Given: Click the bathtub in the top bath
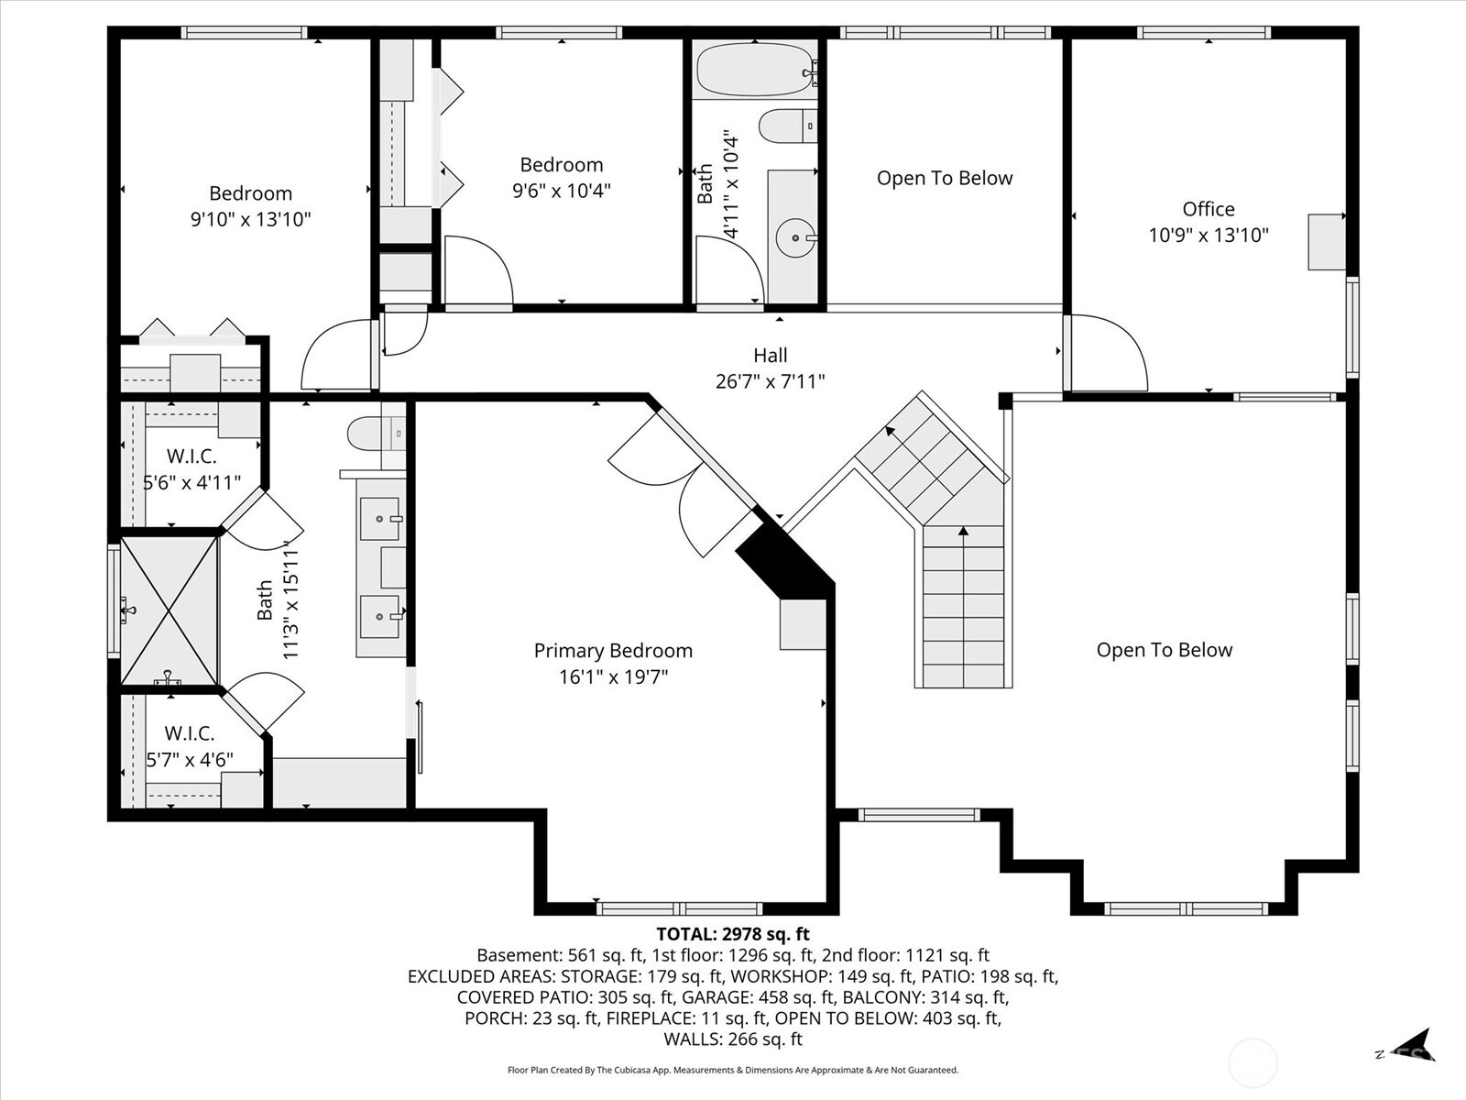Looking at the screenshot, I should click(x=755, y=71).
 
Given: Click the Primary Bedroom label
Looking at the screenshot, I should click(x=613, y=651).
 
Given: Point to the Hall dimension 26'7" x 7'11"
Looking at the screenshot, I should click(x=770, y=381).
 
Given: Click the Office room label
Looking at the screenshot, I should click(x=1208, y=209).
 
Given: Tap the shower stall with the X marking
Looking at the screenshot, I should click(x=169, y=610).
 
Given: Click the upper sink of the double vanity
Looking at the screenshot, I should click(x=379, y=519).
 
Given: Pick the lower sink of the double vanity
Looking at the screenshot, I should click(x=379, y=615).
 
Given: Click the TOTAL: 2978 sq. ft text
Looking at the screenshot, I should click(x=732, y=934).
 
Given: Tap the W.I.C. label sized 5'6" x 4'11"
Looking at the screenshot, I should click(x=191, y=456).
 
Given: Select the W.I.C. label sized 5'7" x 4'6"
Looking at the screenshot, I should click(x=190, y=733).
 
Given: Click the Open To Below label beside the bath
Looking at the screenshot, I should click(x=945, y=179).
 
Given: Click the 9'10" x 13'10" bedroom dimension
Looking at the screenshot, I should click(x=250, y=219).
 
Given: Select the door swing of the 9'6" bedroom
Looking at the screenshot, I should click(x=476, y=269).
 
